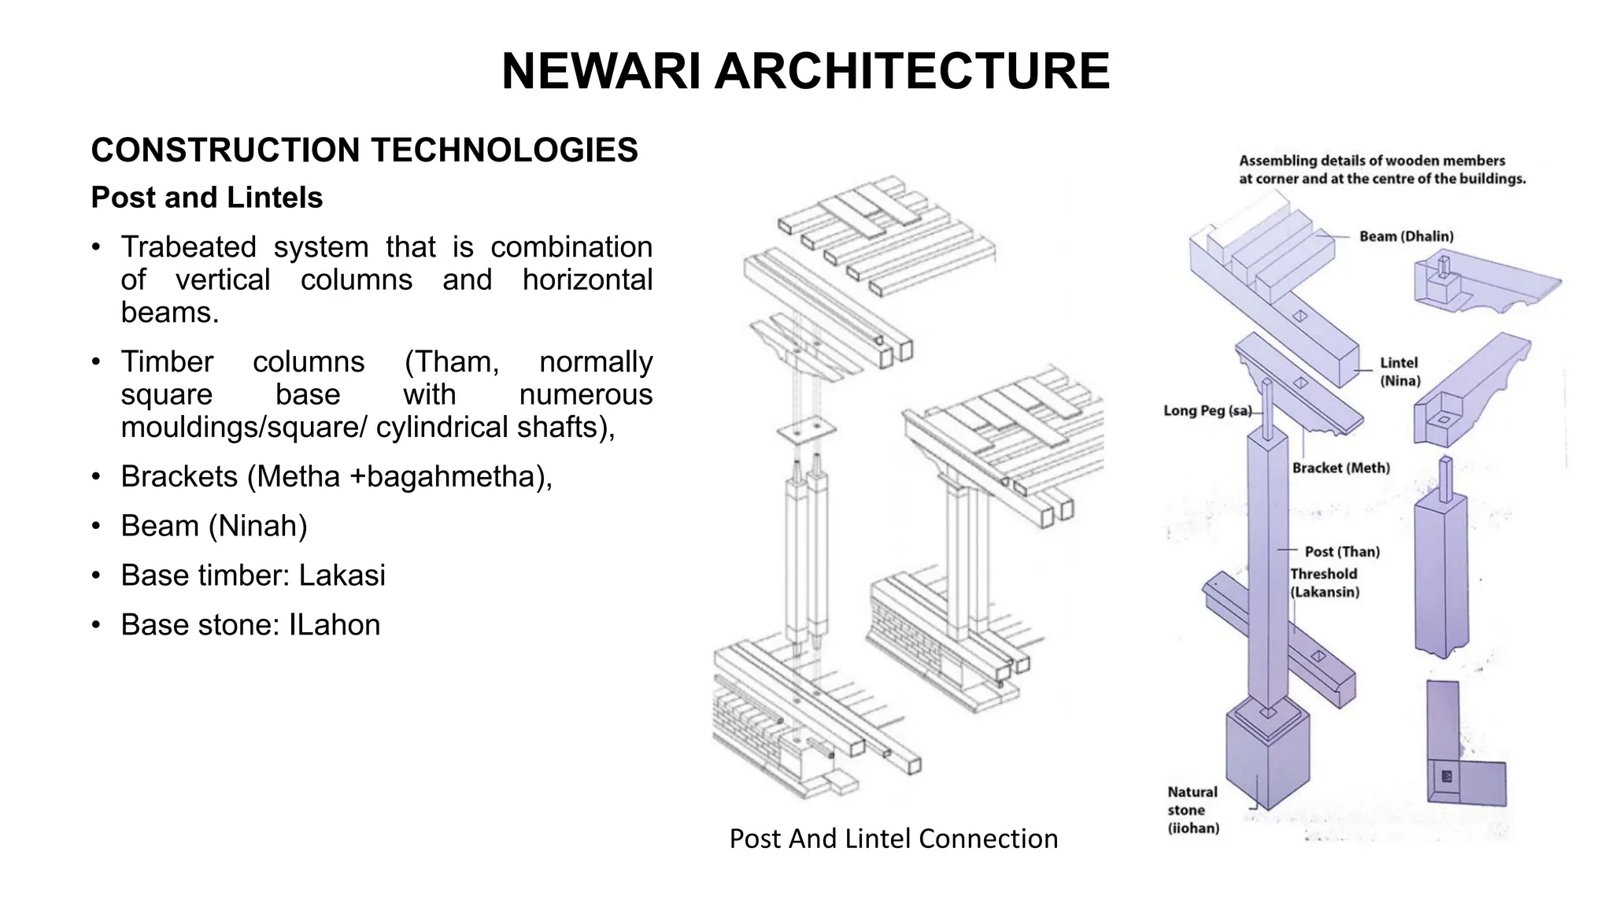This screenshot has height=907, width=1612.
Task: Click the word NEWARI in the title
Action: pos(600,71)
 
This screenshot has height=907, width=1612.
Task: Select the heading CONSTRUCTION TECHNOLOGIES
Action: pos(364,150)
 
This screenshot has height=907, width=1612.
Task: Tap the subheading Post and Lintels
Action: pos(207,197)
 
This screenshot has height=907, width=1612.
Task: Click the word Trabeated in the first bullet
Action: pos(188,247)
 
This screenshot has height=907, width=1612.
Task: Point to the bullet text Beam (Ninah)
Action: pos(213,525)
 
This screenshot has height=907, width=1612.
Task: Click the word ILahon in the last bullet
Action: pos(335,624)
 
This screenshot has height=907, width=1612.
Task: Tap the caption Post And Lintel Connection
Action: pos(893,839)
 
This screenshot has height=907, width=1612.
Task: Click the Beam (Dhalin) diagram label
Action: pos(1406,236)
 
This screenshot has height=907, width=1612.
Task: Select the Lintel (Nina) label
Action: pos(1399,372)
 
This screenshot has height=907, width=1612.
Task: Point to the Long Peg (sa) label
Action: pos(1207,410)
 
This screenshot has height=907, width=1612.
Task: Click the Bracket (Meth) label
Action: pos(1340,468)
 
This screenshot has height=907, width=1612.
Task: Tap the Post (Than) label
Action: pos(1342,551)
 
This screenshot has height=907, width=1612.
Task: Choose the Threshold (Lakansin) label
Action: pos(1325,583)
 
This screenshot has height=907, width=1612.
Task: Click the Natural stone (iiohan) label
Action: pos(1192,809)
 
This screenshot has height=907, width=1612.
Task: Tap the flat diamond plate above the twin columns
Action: pos(806,431)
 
